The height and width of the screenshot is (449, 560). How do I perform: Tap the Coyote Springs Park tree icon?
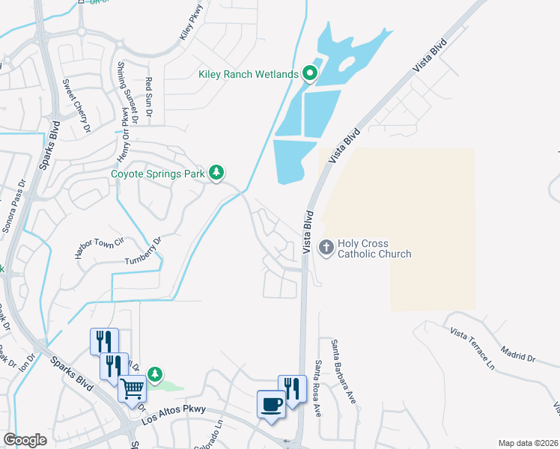click(216, 174)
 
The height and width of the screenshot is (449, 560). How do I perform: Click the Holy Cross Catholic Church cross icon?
click(326, 246)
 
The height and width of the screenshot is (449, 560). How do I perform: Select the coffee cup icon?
click(271, 405)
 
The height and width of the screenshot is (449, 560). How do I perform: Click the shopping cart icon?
click(133, 388)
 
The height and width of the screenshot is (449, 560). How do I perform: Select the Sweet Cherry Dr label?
click(76, 106)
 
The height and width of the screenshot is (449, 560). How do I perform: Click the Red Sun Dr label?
click(148, 97)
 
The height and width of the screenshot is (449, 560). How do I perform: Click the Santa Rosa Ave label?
click(317, 388)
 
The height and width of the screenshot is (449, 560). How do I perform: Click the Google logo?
click(25, 440)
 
